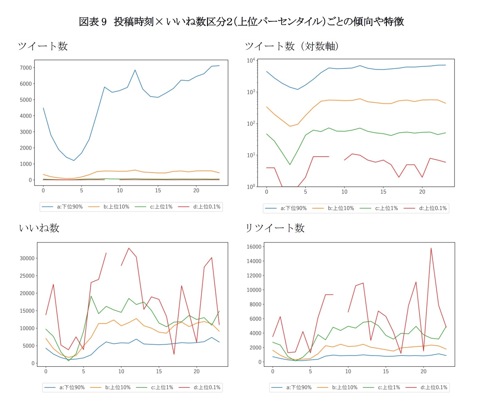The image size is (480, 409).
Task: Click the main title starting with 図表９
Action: pyautogui.click(x=241, y=22)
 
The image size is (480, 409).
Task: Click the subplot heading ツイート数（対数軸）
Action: pyautogui.click(x=292, y=46)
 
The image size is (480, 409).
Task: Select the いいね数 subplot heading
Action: pyautogui.click(x=39, y=228)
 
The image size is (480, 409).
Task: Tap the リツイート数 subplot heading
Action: pyautogui.click(x=275, y=228)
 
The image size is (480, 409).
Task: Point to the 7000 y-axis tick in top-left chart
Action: pyautogui.click(x=26, y=68)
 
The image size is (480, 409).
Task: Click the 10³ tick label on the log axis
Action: pyautogui.click(x=250, y=92)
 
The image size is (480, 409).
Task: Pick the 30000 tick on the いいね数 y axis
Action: pyautogui.click(x=27, y=258)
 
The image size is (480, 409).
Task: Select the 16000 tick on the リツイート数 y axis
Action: pyautogui.click(x=254, y=247)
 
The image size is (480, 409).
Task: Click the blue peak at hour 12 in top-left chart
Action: pyautogui.click(x=135, y=70)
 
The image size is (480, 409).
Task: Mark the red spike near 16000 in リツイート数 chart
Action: pyautogui.click(x=431, y=248)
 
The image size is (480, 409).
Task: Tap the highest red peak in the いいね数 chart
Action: pyautogui.click(x=129, y=248)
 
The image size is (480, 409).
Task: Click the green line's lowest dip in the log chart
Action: pyautogui.click(x=290, y=165)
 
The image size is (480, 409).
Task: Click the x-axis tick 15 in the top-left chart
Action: pyautogui.click(x=158, y=190)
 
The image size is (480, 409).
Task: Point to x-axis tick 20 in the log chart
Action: pyautogui.click(x=422, y=192)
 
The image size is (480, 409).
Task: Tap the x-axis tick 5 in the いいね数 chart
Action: pyautogui.click(x=83, y=371)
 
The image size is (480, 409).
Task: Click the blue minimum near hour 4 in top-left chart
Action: pyautogui.click(x=74, y=160)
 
